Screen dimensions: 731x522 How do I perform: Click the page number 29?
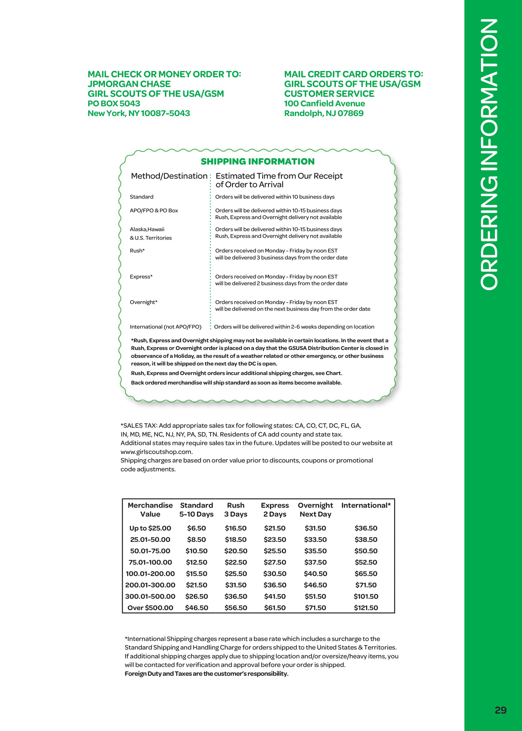point(500,710)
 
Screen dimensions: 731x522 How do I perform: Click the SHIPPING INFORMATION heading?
point(258,161)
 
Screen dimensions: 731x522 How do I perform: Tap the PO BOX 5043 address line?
point(114,104)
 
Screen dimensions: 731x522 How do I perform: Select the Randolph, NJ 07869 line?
point(324,113)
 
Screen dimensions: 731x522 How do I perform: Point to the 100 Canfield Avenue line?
point(324,104)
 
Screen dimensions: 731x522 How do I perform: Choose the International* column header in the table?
point(366,505)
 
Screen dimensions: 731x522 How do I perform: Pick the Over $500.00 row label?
point(150,608)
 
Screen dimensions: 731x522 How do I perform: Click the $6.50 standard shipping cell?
point(197,528)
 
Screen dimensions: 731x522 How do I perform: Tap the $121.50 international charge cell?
point(366,608)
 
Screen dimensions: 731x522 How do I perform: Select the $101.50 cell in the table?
point(366,596)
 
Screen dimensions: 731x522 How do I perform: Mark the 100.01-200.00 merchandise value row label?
point(150,573)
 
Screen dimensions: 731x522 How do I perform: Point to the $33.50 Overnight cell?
point(315,539)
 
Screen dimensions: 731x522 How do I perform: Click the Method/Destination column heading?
point(169,176)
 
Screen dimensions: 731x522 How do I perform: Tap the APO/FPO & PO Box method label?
point(154,210)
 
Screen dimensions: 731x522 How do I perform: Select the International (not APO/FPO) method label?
point(166,327)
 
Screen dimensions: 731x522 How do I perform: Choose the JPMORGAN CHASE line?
point(129,84)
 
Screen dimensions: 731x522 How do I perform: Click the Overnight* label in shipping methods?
point(143,302)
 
